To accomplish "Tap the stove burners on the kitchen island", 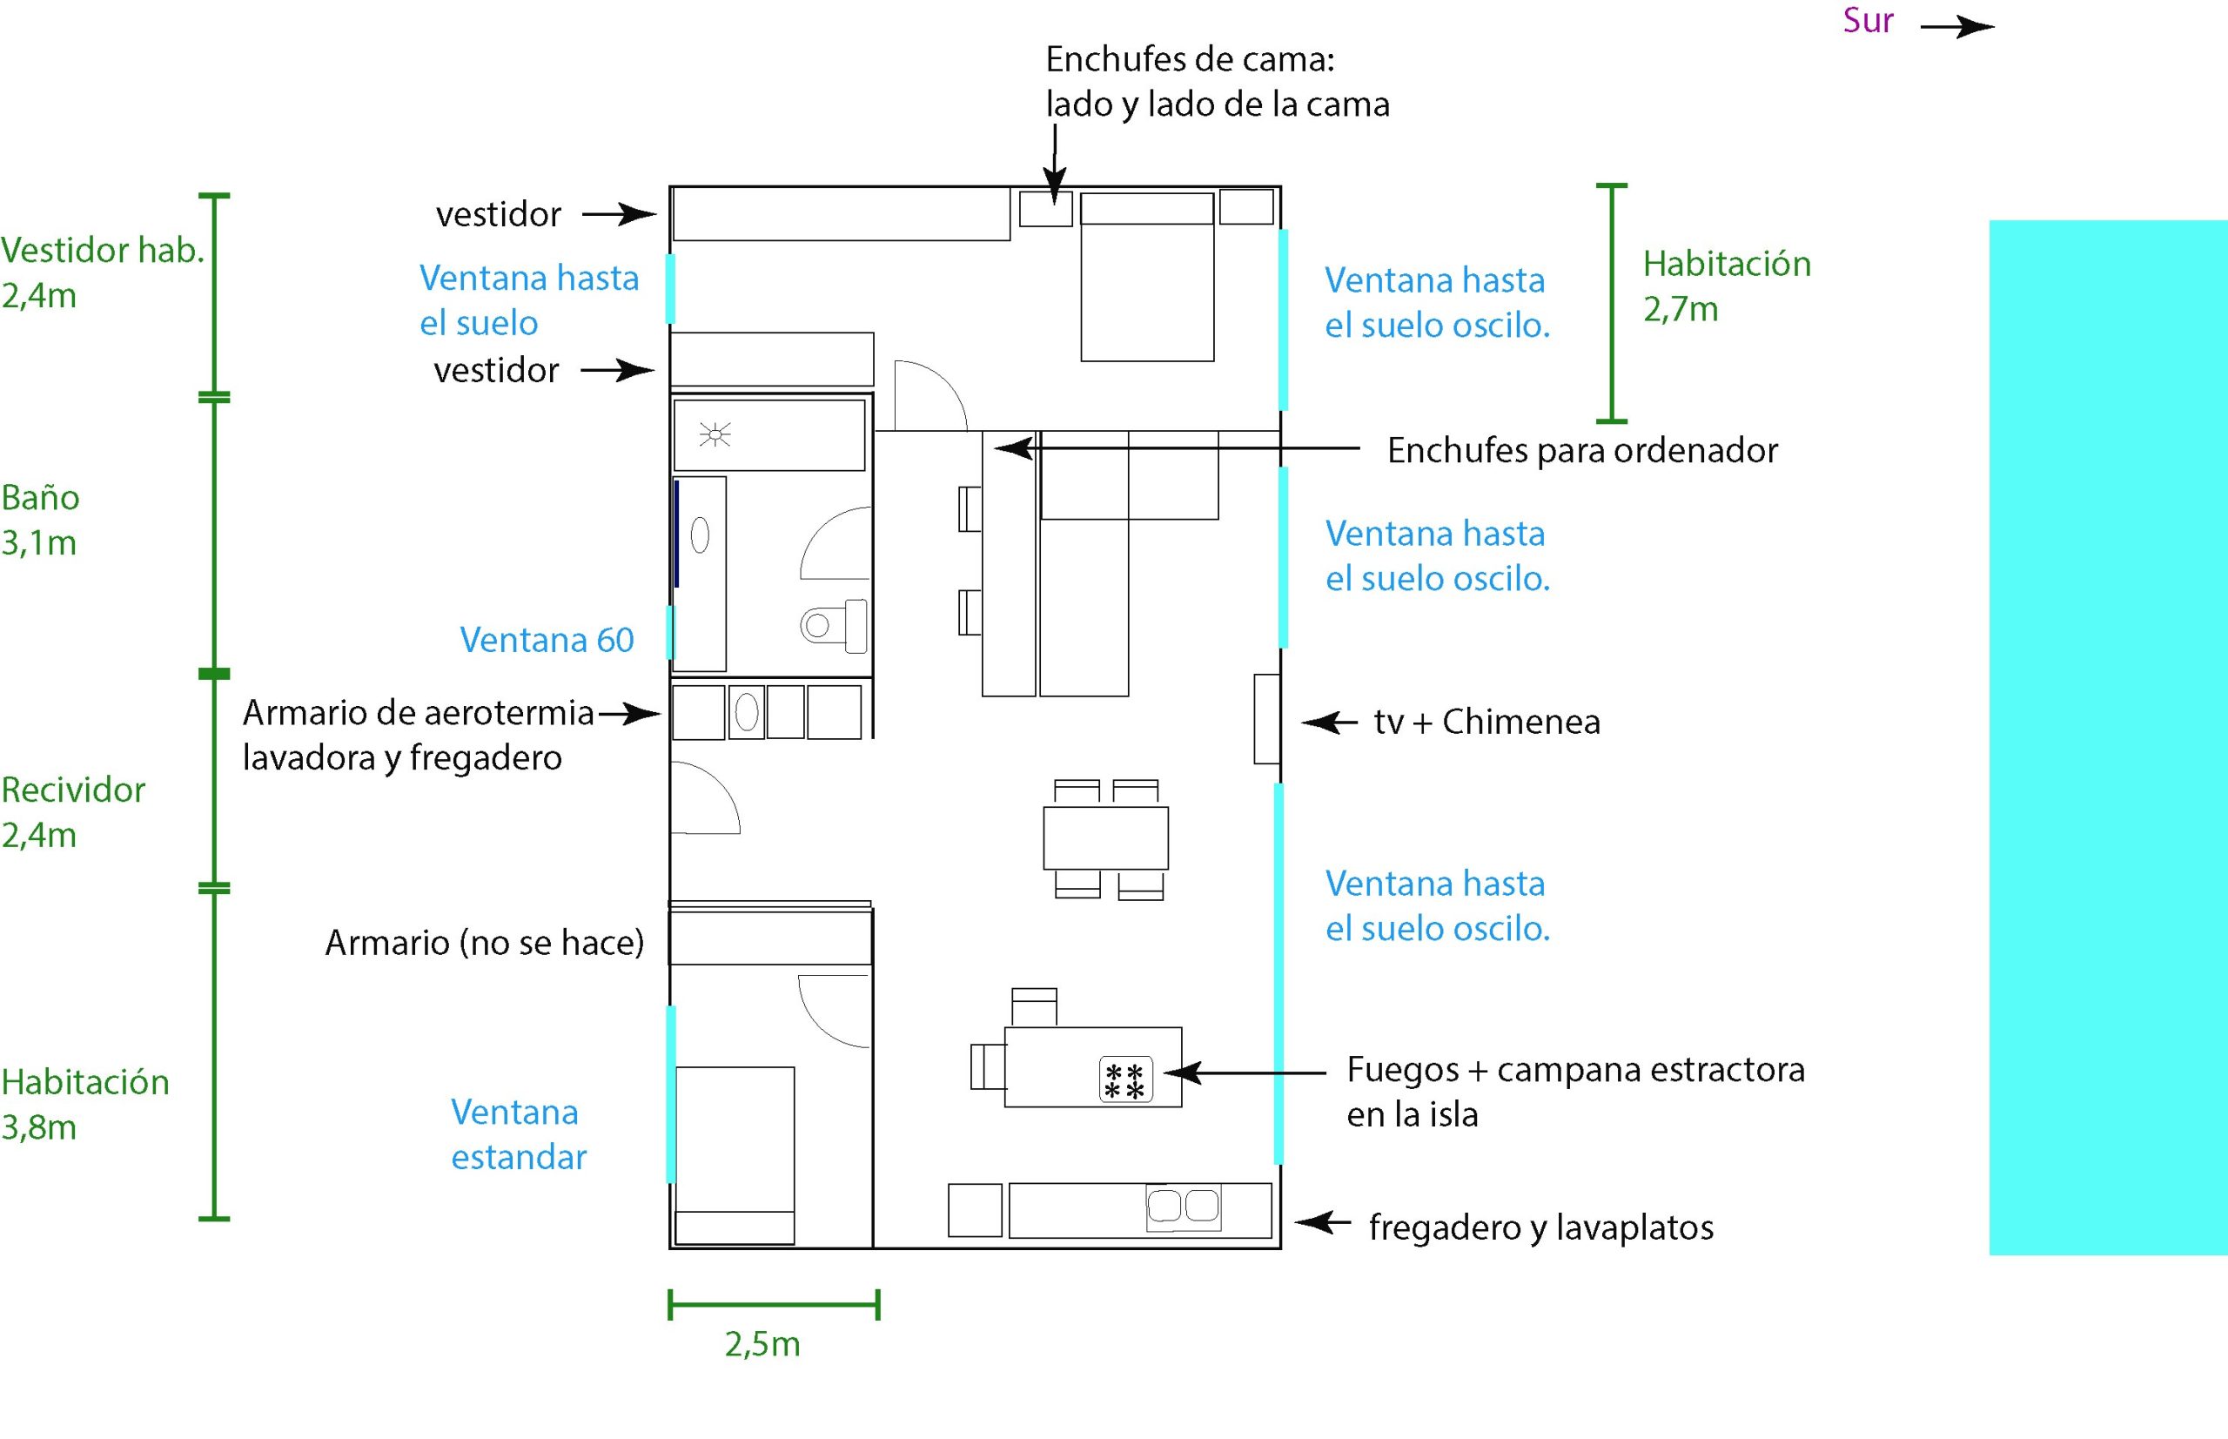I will [1124, 1080].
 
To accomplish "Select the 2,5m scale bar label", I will [762, 1345].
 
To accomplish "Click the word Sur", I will [1868, 22].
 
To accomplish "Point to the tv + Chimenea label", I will [1486, 723].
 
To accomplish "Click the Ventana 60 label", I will [547, 640].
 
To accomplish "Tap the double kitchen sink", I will [1183, 1207].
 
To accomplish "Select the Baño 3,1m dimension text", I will [40, 520].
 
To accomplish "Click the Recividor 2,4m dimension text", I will [73, 812].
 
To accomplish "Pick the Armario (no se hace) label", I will [484, 943].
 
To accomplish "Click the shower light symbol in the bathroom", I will [715, 434].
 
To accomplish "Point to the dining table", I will [1105, 838].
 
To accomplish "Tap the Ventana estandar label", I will [519, 1134].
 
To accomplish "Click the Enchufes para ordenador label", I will [1581, 450].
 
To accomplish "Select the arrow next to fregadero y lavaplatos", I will [1322, 1222].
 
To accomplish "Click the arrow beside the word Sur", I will [1956, 27].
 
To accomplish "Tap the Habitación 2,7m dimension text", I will [1727, 286].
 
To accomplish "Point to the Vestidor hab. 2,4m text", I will [102, 272].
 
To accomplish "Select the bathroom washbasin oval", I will [700, 536].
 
